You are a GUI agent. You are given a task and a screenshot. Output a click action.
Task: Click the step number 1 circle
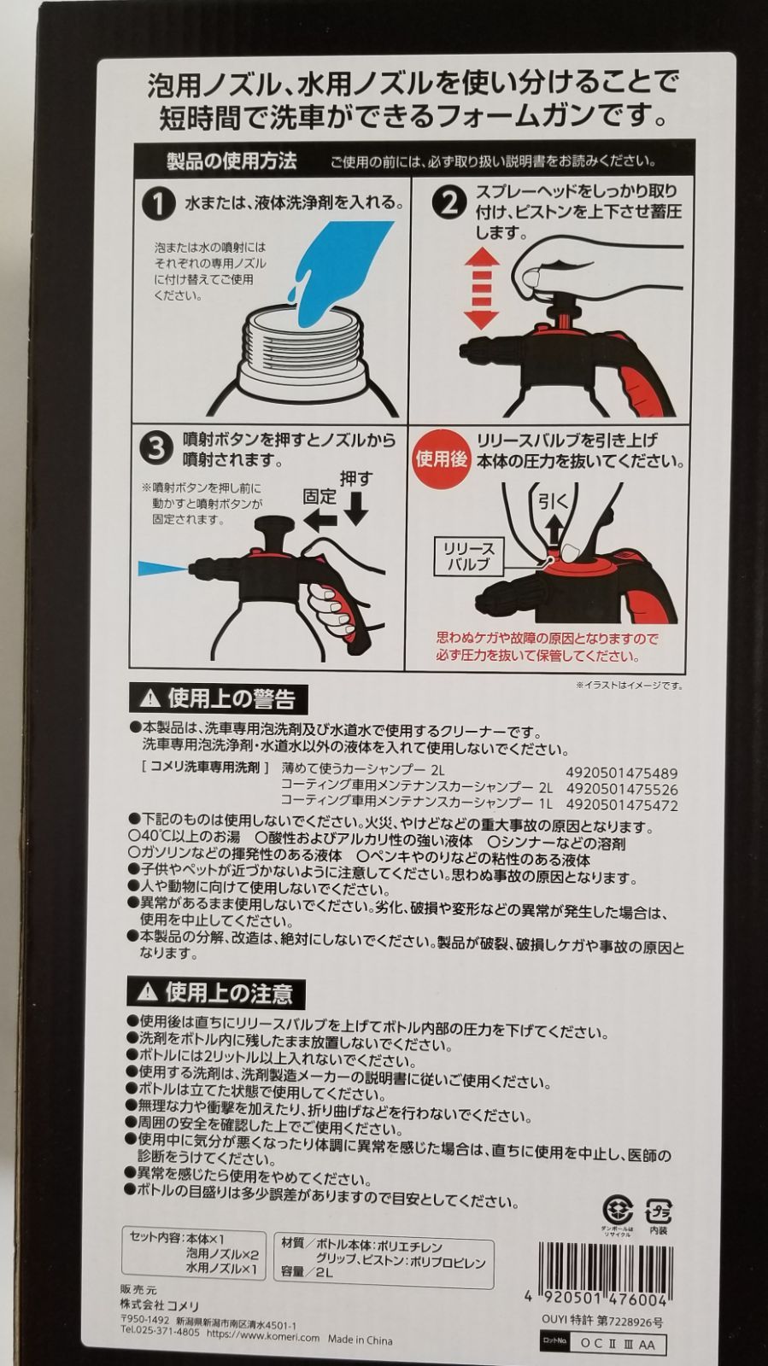pyautogui.click(x=158, y=204)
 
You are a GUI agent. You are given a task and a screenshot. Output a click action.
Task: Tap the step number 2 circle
pyautogui.click(x=449, y=204)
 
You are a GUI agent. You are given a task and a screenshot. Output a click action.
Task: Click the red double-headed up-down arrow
pyautogui.click(x=482, y=289)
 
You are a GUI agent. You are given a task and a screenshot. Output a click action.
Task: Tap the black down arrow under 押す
pyautogui.click(x=355, y=508)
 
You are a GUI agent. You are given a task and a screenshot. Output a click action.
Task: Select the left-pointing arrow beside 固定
pyautogui.click(x=320, y=520)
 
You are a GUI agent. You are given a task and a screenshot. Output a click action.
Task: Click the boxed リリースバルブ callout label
pyautogui.click(x=468, y=556)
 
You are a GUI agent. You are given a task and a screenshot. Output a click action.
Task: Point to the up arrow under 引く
pyautogui.click(x=554, y=528)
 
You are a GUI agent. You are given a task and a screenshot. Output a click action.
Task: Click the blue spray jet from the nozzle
pyautogui.click(x=163, y=569)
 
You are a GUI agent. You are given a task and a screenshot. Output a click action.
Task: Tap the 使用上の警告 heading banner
pyautogui.click(x=218, y=699)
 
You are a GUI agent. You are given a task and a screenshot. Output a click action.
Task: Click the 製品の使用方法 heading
pyautogui.click(x=232, y=161)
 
